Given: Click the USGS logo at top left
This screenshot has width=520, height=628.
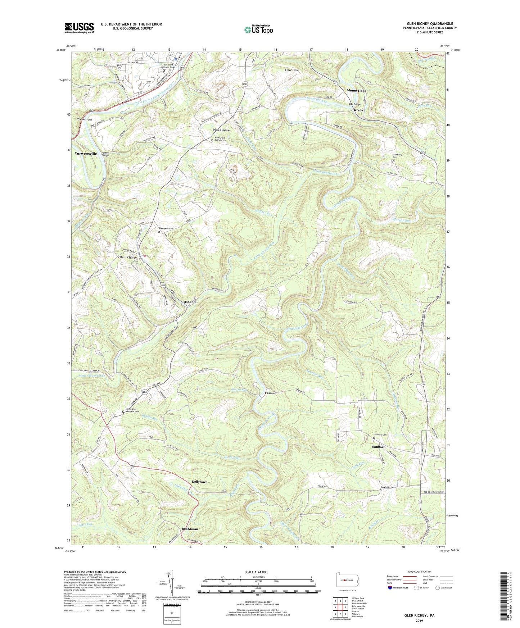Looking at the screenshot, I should tap(79, 28).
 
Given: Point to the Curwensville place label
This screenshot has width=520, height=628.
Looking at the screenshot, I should tap(86, 154).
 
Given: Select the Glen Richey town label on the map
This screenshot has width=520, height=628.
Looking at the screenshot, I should tap(128, 258).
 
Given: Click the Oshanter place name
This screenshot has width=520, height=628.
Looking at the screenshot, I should tap(191, 302).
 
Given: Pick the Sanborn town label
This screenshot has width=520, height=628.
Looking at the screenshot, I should tap(379, 447).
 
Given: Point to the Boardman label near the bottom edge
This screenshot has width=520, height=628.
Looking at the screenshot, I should tap(190, 529).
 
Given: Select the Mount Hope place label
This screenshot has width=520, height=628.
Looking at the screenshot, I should tap(356, 91).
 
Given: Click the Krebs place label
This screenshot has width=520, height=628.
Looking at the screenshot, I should tap(358, 110).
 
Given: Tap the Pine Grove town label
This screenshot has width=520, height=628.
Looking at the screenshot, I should tap(221, 130).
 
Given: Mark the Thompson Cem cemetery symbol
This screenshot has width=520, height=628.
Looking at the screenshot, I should tap(159, 232).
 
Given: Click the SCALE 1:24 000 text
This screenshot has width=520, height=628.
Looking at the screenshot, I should tap(256, 572).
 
